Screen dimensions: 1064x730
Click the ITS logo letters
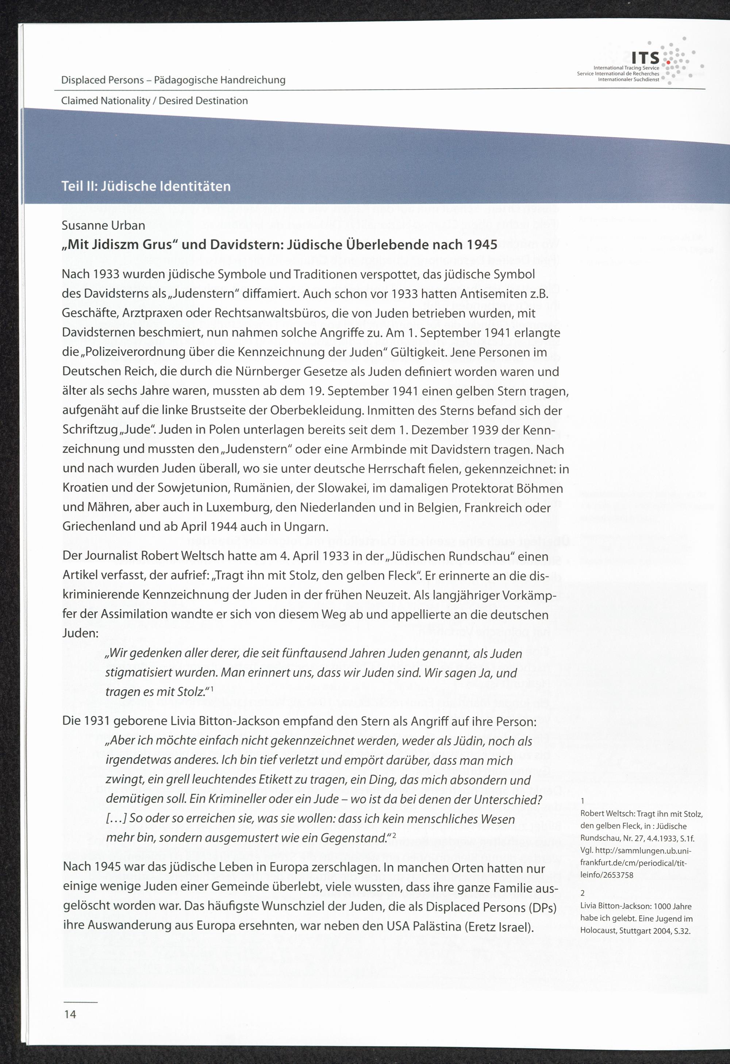(x=645, y=58)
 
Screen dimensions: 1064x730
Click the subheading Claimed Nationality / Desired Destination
(x=154, y=101)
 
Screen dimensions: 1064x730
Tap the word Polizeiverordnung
(x=139, y=352)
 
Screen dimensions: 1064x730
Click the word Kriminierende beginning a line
(x=101, y=595)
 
